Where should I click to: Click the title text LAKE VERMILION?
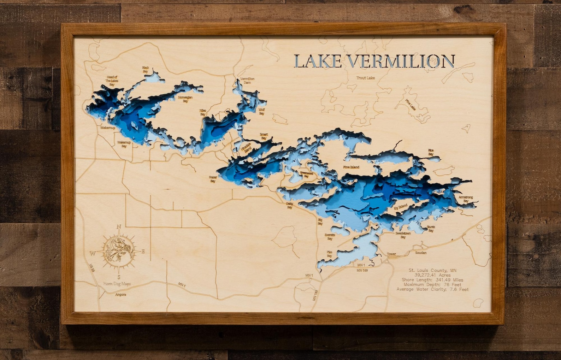coord(374,61)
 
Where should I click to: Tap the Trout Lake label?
coord(365,78)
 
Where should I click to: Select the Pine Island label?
coord(351,167)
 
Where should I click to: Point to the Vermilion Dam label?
coord(247,81)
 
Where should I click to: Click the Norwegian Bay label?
coord(185,99)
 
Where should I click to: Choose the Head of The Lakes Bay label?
coord(112,81)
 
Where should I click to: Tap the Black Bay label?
coord(145,69)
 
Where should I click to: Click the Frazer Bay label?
coord(213,179)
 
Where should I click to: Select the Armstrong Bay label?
coord(465,199)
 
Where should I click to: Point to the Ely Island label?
coord(401,207)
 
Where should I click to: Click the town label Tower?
coord(391,254)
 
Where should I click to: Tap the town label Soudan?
coord(420,253)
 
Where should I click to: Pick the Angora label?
coord(120,294)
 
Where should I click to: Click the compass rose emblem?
coord(119,251)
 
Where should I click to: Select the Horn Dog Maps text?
coord(117,284)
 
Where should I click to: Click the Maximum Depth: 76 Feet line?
coord(432,284)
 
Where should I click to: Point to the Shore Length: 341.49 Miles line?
coord(432,280)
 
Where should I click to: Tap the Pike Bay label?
coord(329,254)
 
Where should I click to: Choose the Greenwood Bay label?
coord(306,175)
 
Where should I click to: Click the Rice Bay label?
coord(431,152)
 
